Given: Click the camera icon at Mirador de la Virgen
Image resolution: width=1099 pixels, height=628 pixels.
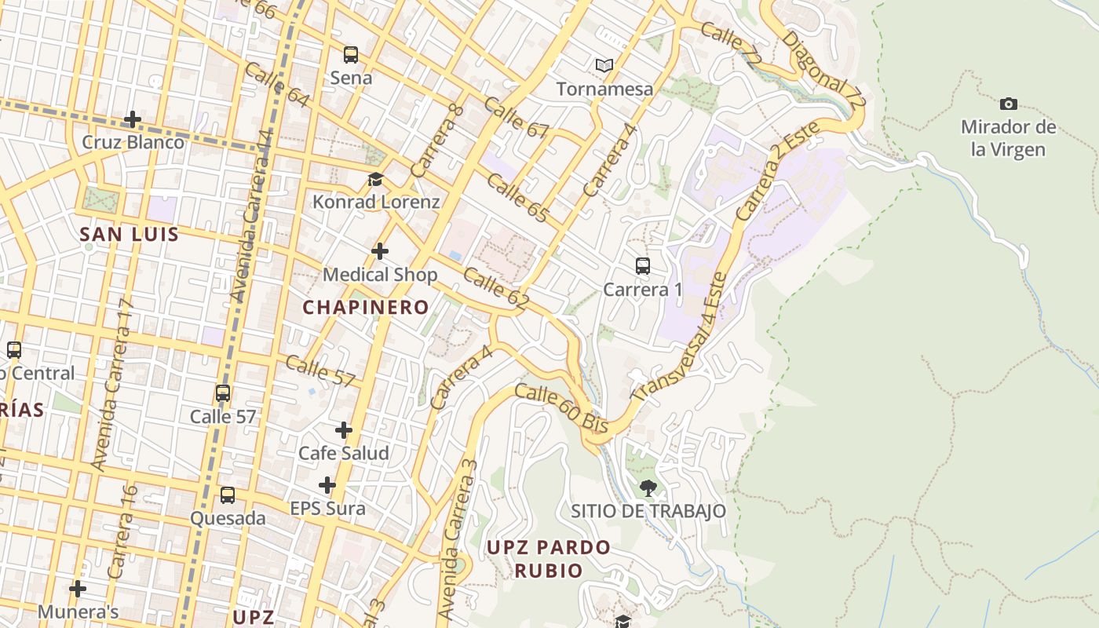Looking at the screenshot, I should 1009,104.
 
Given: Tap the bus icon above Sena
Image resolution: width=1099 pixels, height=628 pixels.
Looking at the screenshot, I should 351,55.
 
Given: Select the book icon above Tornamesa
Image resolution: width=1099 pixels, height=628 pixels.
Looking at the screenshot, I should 604,65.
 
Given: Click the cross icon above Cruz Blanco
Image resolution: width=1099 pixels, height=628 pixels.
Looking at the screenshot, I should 133,119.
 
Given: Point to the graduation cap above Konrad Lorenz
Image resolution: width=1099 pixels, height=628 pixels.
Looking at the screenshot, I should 375,179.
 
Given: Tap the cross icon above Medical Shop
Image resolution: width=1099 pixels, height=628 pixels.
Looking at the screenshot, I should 380,251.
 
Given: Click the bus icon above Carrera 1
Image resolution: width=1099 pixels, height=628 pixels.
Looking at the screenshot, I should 643,266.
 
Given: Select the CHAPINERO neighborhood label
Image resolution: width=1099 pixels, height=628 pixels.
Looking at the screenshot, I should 366,307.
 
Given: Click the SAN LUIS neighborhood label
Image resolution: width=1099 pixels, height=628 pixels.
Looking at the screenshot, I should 130,234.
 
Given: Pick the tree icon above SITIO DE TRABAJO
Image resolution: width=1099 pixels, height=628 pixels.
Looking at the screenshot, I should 648,487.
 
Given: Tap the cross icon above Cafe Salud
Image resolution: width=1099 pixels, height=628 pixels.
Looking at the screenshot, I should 343,430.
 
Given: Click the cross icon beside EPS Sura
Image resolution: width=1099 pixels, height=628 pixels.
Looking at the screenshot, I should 327,485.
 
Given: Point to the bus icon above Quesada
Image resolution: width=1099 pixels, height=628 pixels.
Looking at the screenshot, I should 228,495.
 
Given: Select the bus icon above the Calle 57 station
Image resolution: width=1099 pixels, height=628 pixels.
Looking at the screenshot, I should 223,393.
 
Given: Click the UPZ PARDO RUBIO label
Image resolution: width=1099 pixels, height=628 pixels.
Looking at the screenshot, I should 548,558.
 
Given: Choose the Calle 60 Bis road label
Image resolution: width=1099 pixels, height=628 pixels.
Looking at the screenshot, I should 562,407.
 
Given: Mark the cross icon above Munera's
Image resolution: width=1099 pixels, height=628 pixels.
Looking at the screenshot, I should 77,588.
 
